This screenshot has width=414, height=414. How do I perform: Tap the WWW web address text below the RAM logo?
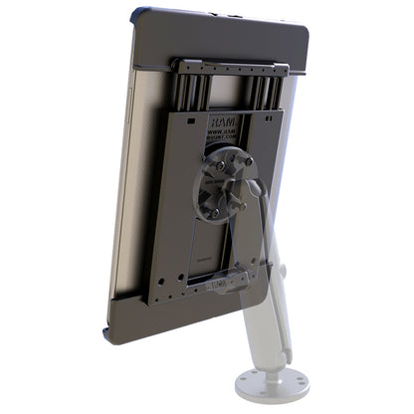pyautogui.click(x=221, y=133)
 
